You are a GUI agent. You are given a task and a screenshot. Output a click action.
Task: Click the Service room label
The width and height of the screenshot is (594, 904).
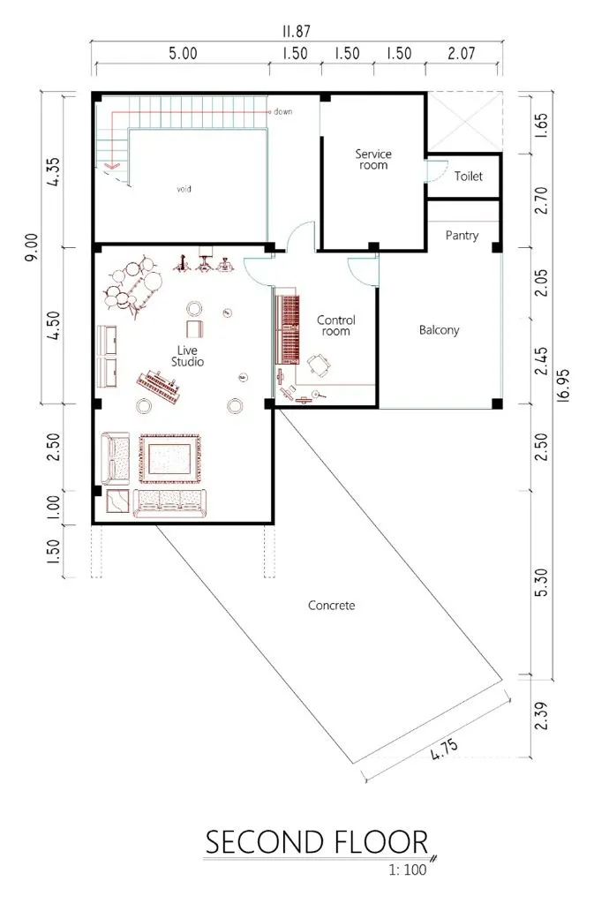pos(373,160)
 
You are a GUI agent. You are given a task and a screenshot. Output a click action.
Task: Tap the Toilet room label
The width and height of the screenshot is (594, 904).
pos(469,177)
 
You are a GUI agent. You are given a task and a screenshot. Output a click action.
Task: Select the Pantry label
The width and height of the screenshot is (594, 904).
pos(462,236)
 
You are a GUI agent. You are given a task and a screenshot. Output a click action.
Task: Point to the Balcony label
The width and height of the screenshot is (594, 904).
pos(439,330)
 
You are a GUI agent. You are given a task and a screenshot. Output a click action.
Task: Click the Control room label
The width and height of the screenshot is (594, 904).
pos(335,326)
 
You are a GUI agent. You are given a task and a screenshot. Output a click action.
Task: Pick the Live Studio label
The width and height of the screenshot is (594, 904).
pos(187,357)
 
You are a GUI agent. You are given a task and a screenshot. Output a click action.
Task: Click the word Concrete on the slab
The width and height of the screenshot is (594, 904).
pos(331,606)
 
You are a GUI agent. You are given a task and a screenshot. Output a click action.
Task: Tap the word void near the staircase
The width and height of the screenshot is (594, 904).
pos(184,189)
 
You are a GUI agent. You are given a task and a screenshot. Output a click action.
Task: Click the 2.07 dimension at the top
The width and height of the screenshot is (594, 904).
pos(461,53)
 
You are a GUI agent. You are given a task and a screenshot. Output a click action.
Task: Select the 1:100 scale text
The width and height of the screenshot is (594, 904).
pos(407,870)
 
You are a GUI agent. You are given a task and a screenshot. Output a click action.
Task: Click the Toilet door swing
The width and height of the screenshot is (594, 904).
pos(437,170)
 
